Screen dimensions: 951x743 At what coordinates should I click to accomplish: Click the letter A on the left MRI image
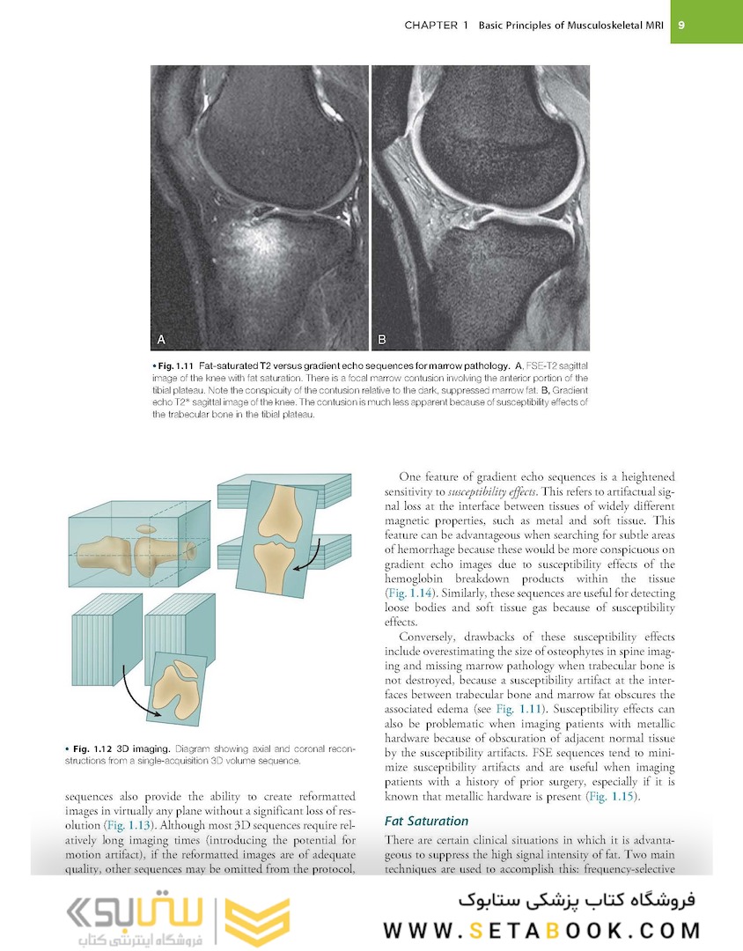(x=161, y=338)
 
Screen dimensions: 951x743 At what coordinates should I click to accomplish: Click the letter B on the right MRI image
(x=382, y=338)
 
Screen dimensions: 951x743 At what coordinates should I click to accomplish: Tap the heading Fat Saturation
(x=426, y=821)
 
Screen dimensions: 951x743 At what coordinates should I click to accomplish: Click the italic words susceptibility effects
(x=482, y=491)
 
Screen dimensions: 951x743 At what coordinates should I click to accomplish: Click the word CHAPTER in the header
(x=430, y=25)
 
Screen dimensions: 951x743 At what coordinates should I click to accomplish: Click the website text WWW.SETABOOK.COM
(x=541, y=930)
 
